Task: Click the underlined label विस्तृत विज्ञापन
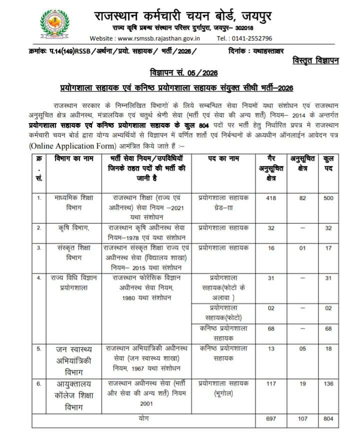click(x=315, y=61)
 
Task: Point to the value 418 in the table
click(x=271, y=198)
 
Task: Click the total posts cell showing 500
click(x=328, y=198)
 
